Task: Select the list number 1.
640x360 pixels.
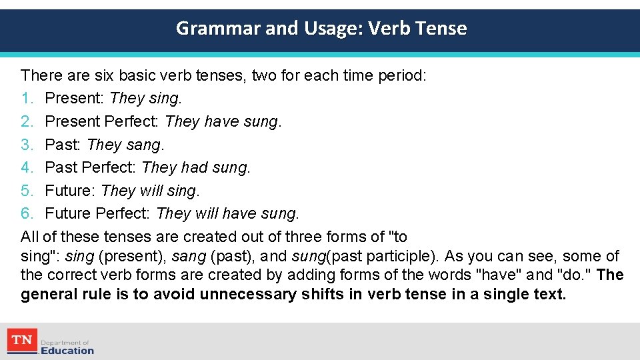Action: pos(27,99)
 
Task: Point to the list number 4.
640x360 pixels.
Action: pos(27,167)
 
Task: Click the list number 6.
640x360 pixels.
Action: pos(27,213)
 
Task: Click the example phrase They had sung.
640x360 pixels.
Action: pos(196,167)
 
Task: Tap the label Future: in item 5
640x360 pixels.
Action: pos(71,191)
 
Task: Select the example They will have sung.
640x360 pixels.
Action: pos(227,213)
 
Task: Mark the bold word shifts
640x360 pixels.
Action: pos(323,295)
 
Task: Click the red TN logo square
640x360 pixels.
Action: pos(21,341)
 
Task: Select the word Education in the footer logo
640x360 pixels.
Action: pos(67,351)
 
